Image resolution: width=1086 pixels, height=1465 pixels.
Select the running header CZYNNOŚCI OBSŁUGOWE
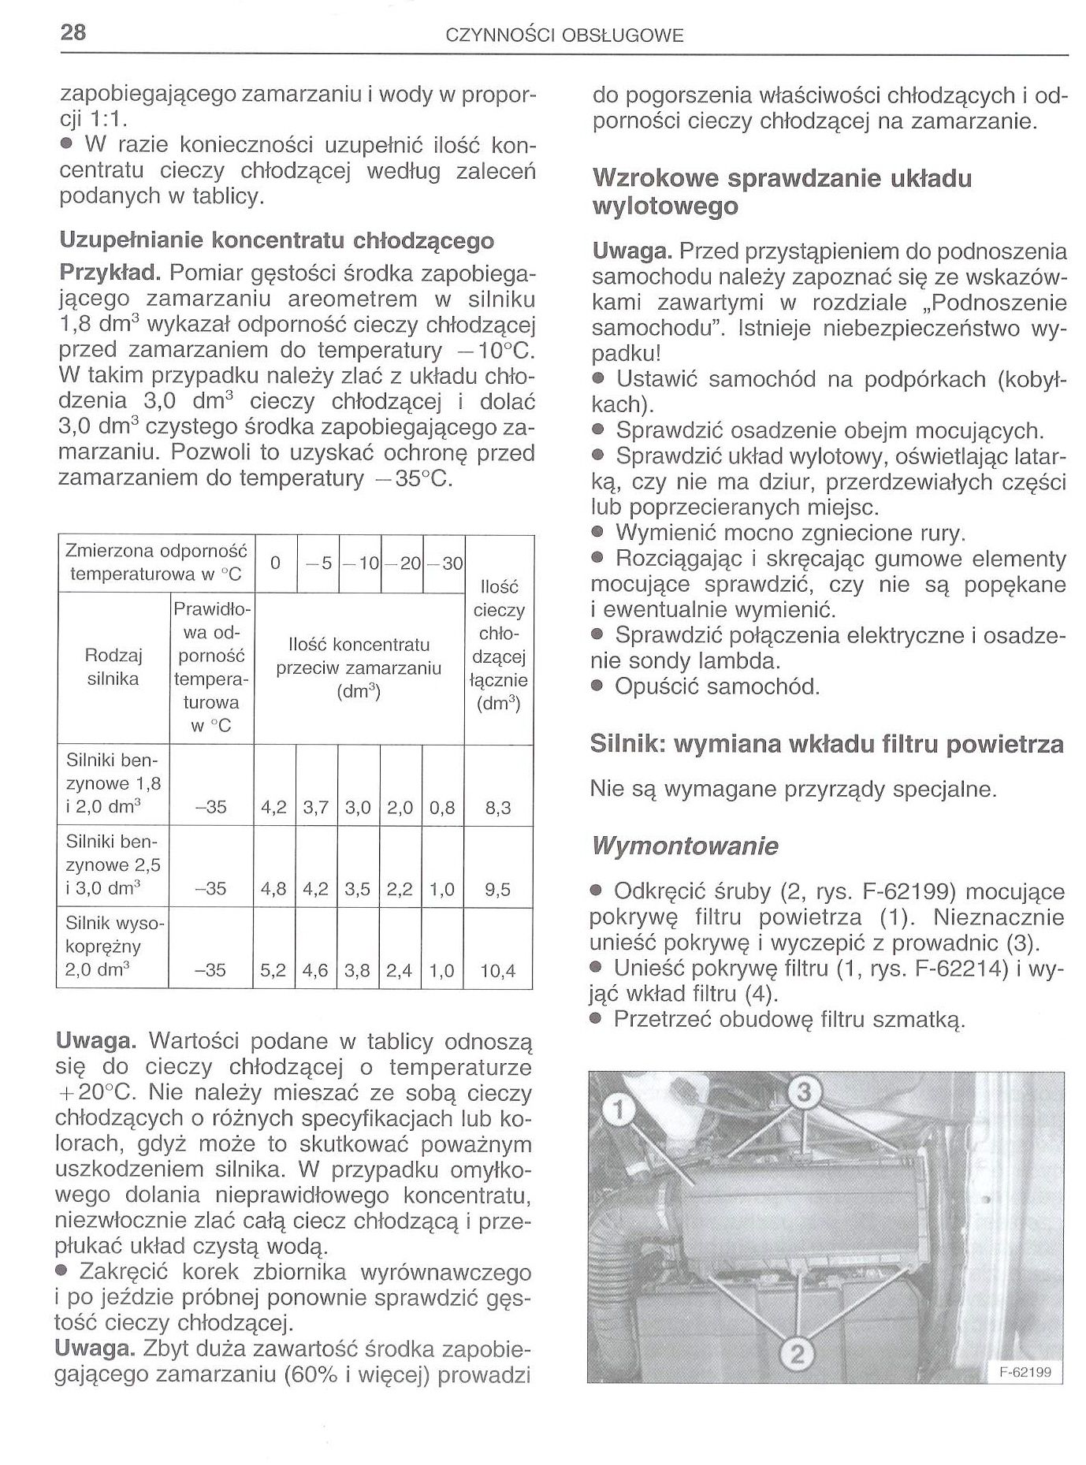click(564, 35)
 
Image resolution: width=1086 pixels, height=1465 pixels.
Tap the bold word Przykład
click(110, 273)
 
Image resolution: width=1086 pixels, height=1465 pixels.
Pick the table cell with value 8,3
click(498, 808)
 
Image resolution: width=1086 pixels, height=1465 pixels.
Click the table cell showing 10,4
click(498, 972)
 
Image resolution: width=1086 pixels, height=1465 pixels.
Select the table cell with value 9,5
click(498, 890)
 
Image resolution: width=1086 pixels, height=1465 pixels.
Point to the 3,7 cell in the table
click(317, 808)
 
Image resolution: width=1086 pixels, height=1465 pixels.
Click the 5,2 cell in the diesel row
click(273, 972)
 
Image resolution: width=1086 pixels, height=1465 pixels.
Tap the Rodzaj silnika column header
click(113, 667)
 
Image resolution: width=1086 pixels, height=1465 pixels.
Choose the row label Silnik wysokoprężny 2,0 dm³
click(113, 946)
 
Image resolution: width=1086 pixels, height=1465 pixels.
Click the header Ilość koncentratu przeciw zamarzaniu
click(359, 668)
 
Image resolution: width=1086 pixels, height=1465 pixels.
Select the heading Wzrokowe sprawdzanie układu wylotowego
click(782, 191)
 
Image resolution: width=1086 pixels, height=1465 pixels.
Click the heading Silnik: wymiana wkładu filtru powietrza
click(827, 744)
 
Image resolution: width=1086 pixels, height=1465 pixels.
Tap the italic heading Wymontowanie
click(684, 846)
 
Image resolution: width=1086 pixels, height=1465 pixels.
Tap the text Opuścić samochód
click(717, 686)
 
